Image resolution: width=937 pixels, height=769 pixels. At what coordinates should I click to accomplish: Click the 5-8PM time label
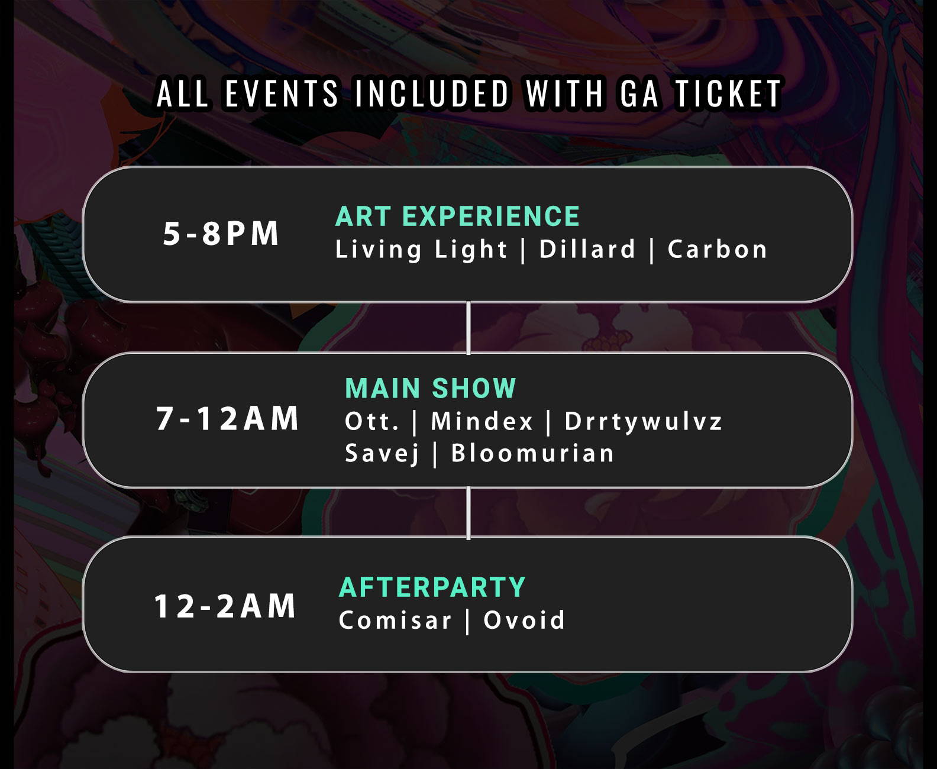coord(221,233)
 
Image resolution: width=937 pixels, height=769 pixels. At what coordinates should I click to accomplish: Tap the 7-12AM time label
coord(228,418)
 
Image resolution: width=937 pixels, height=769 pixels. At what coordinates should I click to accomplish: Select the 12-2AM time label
coord(225,606)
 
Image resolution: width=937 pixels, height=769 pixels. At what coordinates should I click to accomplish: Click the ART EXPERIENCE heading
coord(457,217)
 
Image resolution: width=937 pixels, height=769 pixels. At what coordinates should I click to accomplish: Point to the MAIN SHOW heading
coord(431,388)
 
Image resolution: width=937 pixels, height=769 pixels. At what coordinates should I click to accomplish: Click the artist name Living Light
coord(421,250)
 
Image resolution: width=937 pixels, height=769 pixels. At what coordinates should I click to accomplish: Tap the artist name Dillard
coord(587,249)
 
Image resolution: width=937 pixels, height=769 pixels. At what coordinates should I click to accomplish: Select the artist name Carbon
coord(718,249)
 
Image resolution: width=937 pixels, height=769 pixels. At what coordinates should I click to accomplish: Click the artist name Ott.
coord(372,421)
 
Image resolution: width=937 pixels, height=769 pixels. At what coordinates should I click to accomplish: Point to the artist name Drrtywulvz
coord(644,422)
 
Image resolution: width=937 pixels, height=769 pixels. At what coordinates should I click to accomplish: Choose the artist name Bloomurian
coord(533,453)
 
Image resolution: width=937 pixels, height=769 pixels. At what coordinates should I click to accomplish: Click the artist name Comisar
coord(395,620)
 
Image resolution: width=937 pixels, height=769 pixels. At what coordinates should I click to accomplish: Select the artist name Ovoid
coord(524,620)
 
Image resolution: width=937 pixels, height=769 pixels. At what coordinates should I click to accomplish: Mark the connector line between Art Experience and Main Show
coord(469,328)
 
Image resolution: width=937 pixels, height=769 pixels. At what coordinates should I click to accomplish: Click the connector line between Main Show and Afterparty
coord(469,513)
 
